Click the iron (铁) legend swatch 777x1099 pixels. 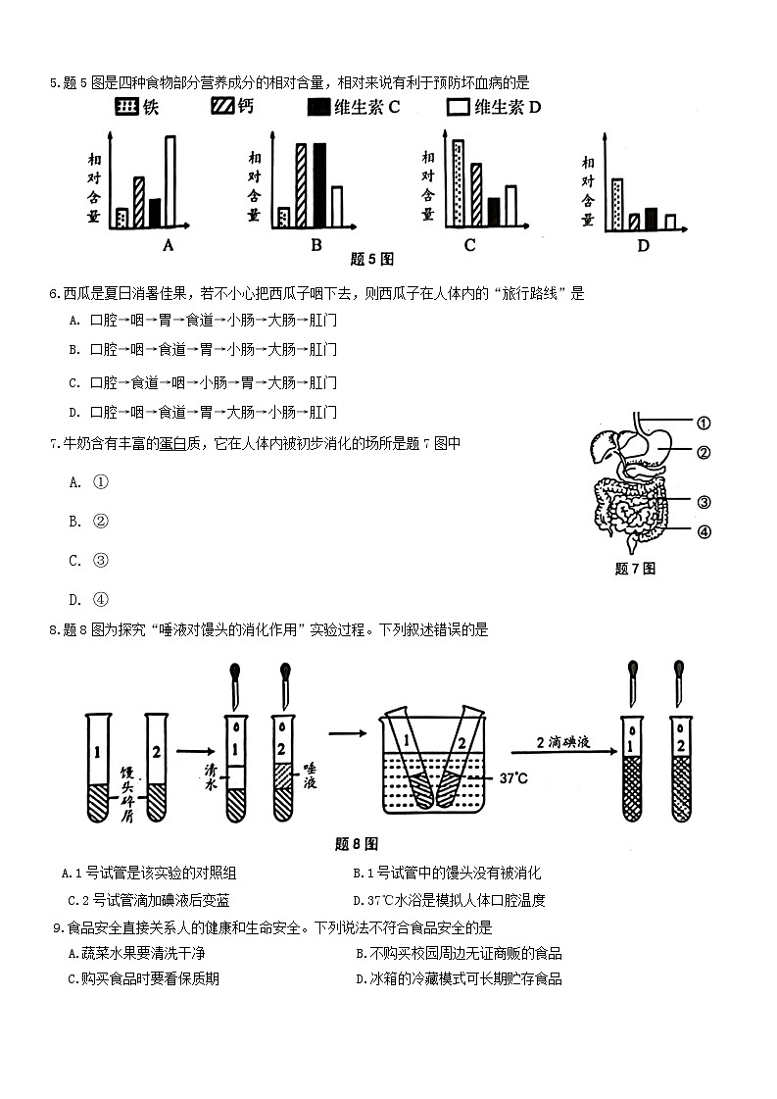click(126, 107)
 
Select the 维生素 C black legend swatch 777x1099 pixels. click(318, 107)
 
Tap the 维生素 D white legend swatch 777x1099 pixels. click(458, 107)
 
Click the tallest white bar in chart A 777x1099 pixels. click(170, 180)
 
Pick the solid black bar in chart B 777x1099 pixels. click(318, 184)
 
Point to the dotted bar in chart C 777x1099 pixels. click(458, 183)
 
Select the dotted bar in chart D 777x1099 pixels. click(616, 204)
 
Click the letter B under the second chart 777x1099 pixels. click(316, 245)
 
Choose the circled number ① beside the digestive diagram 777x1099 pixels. click(703, 424)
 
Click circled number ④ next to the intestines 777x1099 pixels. click(703, 532)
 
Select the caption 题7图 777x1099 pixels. click(634, 569)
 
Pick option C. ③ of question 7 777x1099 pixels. click(88, 561)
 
